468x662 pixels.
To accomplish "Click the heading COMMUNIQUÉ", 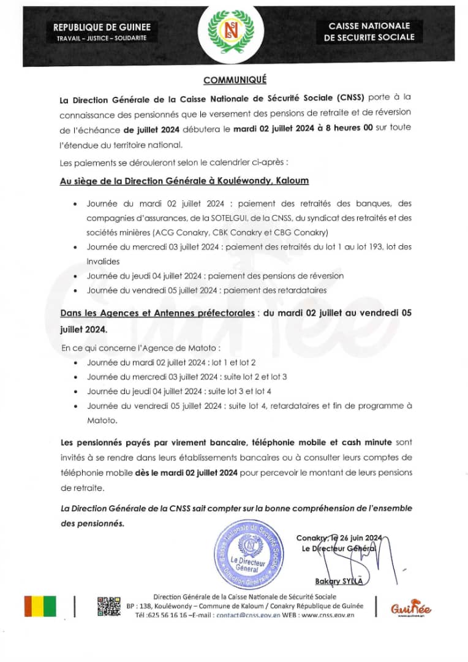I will tap(235, 80).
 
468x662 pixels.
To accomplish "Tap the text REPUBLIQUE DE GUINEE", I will tap(102, 27).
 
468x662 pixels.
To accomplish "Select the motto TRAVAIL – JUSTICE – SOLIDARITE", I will tap(102, 38).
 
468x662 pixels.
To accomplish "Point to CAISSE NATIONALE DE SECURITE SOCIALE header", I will tap(369, 31).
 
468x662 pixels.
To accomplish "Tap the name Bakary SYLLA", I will tap(339, 581).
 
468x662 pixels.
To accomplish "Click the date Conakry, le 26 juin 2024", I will tap(339, 538).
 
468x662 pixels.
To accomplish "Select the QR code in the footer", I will tap(109, 606).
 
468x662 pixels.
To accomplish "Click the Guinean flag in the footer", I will tap(40, 606).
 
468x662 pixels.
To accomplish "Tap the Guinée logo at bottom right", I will tap(411, 607).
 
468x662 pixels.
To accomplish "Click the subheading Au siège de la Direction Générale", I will tap(184, 181).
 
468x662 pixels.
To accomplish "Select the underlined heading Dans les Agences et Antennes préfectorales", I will tap(157, 313).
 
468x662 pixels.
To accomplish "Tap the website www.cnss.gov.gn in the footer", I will tap(334, 615).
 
